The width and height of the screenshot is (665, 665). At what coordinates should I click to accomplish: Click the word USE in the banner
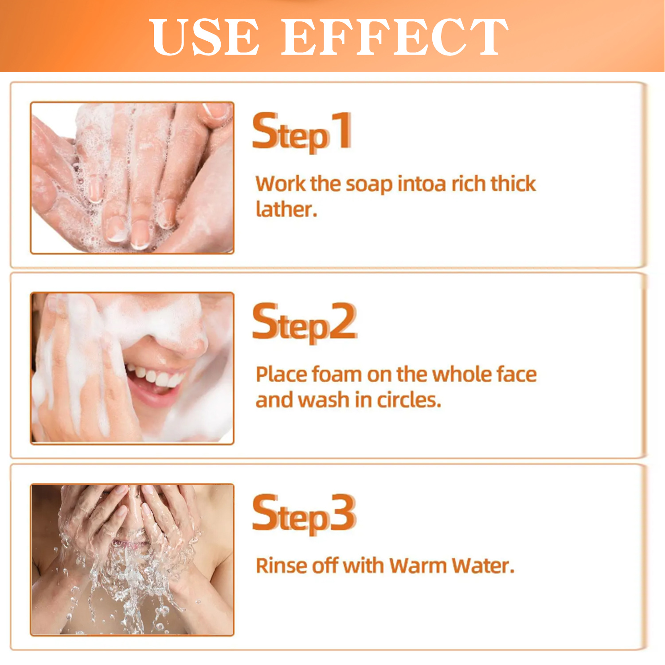point(204,37)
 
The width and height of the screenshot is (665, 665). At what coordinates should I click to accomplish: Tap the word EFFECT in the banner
point(395,37)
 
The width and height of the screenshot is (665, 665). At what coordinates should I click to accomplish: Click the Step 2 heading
point(305,322)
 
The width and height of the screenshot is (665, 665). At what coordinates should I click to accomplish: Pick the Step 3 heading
point(304,514)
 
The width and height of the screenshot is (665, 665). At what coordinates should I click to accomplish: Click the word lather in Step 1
point(286,209)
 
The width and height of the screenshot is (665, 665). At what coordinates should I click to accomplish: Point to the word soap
point(369,184)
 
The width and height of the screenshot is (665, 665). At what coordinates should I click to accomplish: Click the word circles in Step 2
point(409,400)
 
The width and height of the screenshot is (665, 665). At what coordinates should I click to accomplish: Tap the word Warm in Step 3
point(418,566)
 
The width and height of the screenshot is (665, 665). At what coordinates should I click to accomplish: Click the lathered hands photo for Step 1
point(132,178)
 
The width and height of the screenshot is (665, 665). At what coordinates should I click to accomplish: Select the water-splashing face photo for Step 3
point(132,560)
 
